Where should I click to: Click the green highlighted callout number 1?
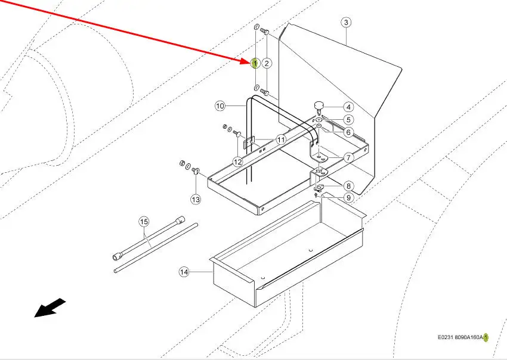click(x=255, y=63)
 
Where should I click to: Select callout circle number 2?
click(x=267, y=63)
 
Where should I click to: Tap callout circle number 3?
click(x=346, y=23)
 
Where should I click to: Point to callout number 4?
click(x=348, y=108)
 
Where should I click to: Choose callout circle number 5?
click(x=348, y=120)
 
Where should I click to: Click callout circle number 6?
click(x=348, y=132)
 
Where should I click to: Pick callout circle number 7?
click(x=348, y=158)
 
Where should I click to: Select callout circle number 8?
click(x=348, y=186)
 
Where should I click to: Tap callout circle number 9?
click(x=348, y=198)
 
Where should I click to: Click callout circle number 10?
click(x=220, y=106)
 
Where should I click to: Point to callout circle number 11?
click(x=281, y=139)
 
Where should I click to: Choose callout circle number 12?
click(x=238, y=162)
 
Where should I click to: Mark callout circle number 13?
click(x=196, y=198)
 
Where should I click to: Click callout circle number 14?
click(x=184, y=272)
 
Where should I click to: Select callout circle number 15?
click(x=143, y=222)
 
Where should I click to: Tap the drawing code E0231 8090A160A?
click(x=461, y=337)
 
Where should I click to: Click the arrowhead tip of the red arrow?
click(x=251, y=61)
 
